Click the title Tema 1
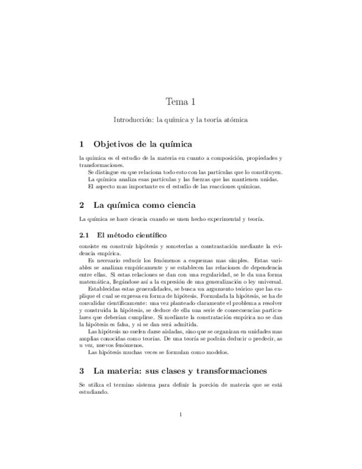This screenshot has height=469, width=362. point(181,101)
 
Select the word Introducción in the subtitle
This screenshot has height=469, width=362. point(133,119)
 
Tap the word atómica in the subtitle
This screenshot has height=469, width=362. point(235,119)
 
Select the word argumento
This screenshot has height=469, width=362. point(205,289)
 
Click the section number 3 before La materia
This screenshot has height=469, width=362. point(82,371)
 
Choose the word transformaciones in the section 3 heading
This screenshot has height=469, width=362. point(222,371)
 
